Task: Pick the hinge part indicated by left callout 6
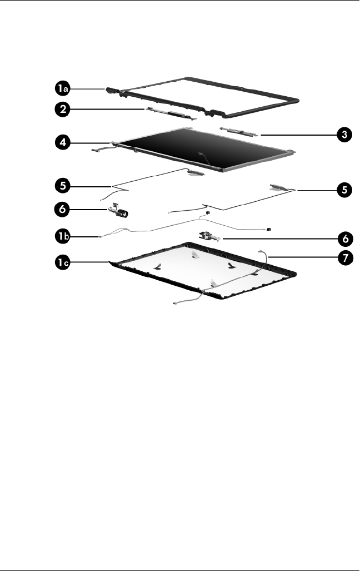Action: (117, 211)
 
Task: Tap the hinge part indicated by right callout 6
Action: (209, 238)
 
